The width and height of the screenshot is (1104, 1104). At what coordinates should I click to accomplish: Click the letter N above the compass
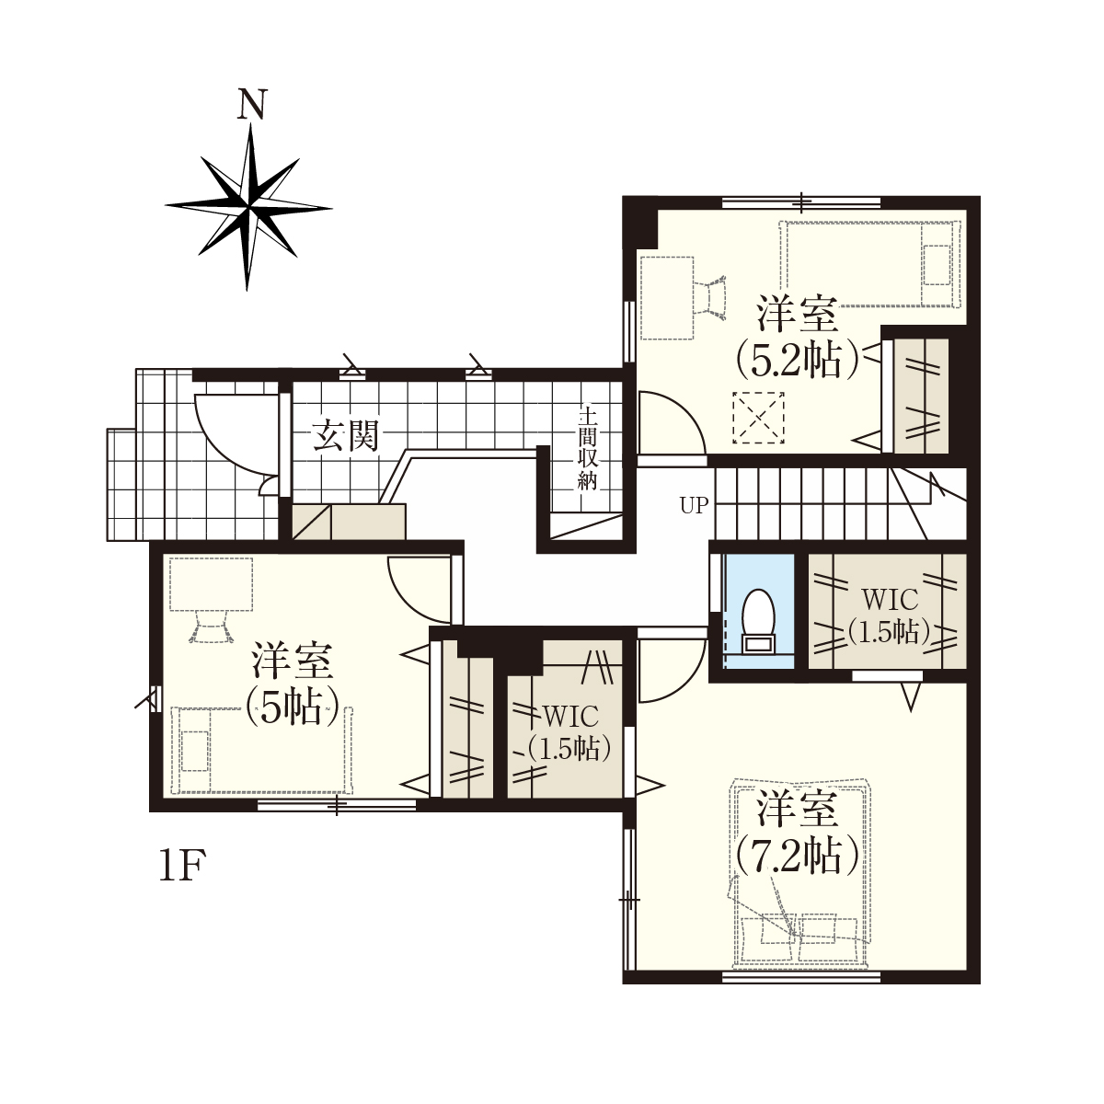coord(252,104)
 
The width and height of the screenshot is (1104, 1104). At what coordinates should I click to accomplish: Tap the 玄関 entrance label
coord(346,437)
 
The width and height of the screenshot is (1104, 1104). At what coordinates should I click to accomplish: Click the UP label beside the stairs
coord(694,505)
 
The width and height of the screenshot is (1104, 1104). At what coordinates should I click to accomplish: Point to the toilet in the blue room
coord(758,621)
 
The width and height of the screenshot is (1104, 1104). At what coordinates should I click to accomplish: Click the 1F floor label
coord(181,867)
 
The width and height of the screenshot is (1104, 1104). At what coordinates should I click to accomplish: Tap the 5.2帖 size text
coord(797,359)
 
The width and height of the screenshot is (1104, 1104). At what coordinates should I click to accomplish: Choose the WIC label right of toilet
coord(890,601)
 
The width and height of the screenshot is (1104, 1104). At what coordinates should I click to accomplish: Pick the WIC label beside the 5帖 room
coord(570,717)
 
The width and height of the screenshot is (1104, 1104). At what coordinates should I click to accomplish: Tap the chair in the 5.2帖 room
coord(711,295)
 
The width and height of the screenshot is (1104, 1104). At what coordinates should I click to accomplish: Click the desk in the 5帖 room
coord(211,584)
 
